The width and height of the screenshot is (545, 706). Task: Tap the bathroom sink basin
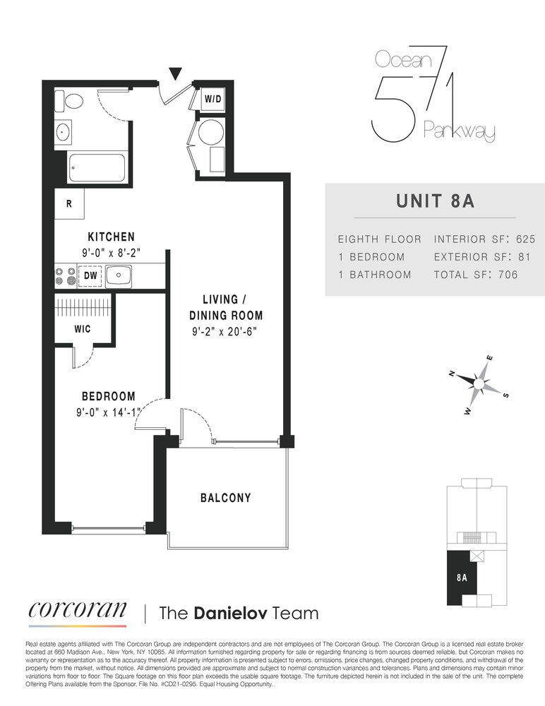(62, 131)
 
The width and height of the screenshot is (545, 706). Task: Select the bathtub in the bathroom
(97, 168)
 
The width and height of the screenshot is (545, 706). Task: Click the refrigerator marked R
(69, 204)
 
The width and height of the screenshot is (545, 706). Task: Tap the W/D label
(212, 100)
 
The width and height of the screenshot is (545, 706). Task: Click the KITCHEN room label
(111, 237)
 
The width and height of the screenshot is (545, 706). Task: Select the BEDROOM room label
(108, 397)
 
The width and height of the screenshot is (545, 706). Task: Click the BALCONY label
(226, 498)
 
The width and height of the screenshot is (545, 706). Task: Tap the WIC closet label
(82, 329)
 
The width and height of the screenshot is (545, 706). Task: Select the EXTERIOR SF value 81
(523, 257)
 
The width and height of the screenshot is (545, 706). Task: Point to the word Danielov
(228, 613)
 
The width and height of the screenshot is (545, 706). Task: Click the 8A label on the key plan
(462, 577)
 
